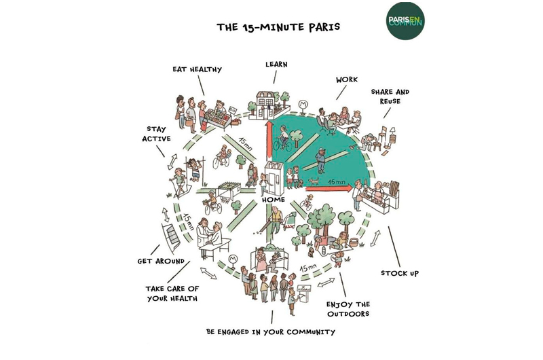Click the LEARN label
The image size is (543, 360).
276,65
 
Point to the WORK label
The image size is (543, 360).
346,79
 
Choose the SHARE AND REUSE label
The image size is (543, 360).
390,96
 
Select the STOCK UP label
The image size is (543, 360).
400,273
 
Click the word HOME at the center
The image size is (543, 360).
274,200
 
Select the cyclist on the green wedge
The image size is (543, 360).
285,141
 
